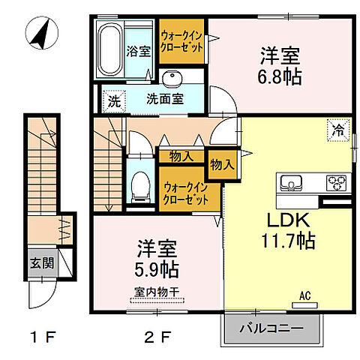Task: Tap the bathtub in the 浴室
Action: tap(110, 49)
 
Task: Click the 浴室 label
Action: tap(139, 52)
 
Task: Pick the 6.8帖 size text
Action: tap(280, 77)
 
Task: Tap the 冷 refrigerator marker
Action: tap(339, 130)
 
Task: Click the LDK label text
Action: tap(284, 220)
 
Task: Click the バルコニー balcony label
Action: tap(271, 329)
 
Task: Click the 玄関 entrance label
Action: tap(40, 263)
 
